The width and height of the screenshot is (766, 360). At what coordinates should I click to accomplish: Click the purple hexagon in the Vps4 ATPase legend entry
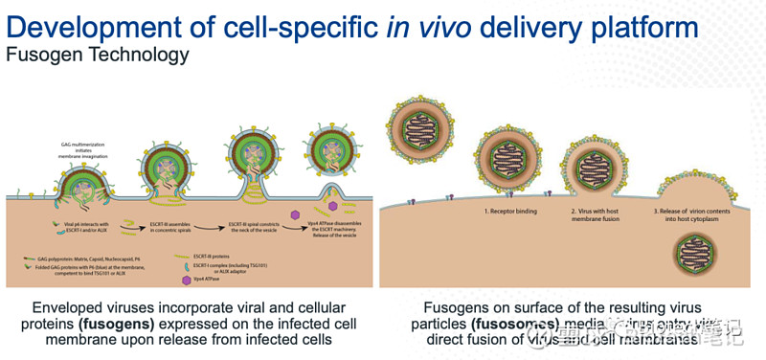(184, 281)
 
